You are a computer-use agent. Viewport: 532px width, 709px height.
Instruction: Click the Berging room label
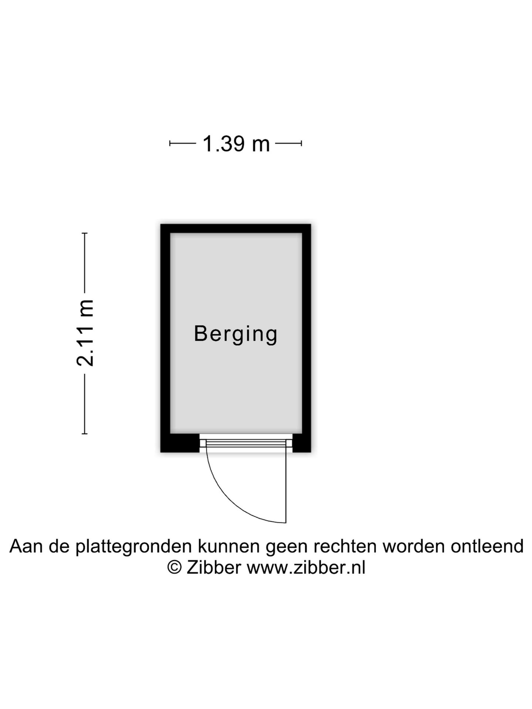click(x=236, y=334)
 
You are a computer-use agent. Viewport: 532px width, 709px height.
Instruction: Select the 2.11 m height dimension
click(x=85, y=333)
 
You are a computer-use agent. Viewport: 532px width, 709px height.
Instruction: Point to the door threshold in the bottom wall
click(x=246, y=443)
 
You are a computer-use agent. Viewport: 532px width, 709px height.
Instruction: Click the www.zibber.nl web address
click(x=306, y=568)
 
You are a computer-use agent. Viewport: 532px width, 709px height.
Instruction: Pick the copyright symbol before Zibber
click(x=174, y=568)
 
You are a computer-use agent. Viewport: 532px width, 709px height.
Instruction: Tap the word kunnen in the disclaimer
click(x=230, y=547)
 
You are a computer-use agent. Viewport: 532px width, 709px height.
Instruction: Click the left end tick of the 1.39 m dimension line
click(x=170, y=143)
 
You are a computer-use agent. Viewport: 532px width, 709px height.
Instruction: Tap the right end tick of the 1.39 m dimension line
click(x=301, y=143)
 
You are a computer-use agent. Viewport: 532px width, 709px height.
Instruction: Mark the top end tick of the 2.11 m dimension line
click(x=85, y=233)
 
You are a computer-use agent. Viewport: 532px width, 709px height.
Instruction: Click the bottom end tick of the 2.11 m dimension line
click(x=85, y=434)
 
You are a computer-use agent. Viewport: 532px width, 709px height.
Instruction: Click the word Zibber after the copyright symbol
click(x=214, y=568)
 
